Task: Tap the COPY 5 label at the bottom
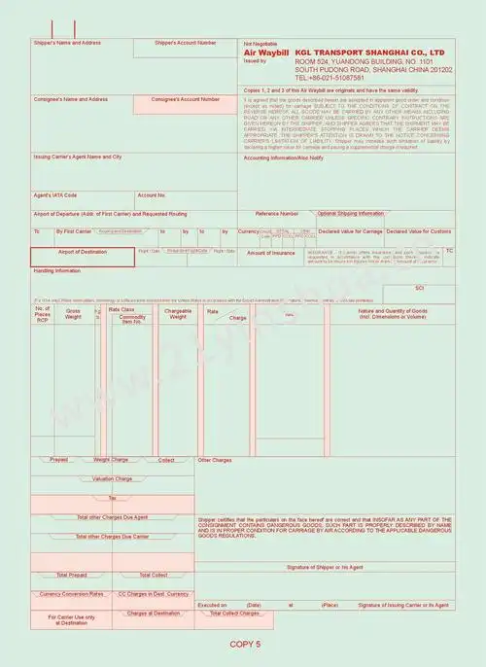245,644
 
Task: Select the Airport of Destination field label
82,252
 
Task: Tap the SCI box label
420,289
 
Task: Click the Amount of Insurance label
271,252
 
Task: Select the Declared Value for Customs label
419,231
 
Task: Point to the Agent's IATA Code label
55,194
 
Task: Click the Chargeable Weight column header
178,313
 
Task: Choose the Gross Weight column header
73,313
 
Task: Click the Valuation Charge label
112,478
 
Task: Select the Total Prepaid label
71,575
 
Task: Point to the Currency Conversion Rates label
71,593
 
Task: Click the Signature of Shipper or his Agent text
324,566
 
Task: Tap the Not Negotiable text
260,43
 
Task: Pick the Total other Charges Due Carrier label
112,536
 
